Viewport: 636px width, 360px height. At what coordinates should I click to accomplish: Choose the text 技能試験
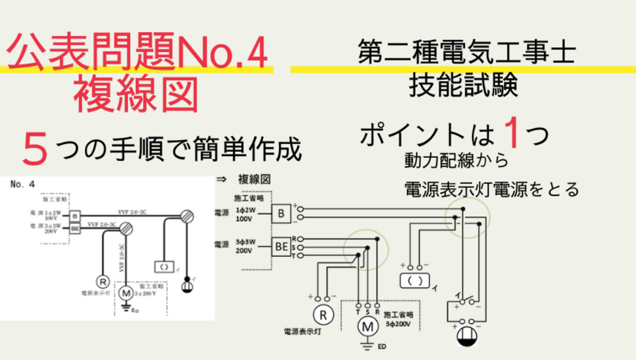(463, 87)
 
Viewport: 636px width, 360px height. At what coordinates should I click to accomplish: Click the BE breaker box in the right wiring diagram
(282, 247)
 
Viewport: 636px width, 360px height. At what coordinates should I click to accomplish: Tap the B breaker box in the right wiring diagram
(281, 213)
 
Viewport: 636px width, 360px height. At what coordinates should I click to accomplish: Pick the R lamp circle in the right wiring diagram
(322, 314)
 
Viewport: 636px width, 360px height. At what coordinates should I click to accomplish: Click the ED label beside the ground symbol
(382, 347)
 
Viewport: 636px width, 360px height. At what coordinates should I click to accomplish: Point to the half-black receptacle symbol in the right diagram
(467, 336)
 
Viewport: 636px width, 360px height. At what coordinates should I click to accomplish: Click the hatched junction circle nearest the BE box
(126, 228)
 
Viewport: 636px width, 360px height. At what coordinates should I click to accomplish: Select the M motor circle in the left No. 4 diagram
(126, 293)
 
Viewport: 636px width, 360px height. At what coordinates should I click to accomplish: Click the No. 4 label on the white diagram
(23, 184)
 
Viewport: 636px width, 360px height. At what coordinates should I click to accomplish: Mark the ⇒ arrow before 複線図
(221, 180)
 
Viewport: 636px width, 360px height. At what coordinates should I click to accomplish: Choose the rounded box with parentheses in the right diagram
(415, 281)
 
